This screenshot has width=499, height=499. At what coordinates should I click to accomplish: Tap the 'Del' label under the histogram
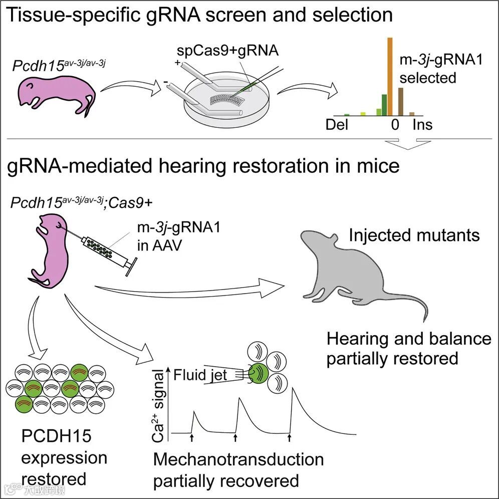(337, 124)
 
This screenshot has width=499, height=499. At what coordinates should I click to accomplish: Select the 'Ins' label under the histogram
(422, 124)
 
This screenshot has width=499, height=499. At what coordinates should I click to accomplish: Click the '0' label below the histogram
(395, 124)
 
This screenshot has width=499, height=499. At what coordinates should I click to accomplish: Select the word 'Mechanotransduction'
(238, 459)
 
